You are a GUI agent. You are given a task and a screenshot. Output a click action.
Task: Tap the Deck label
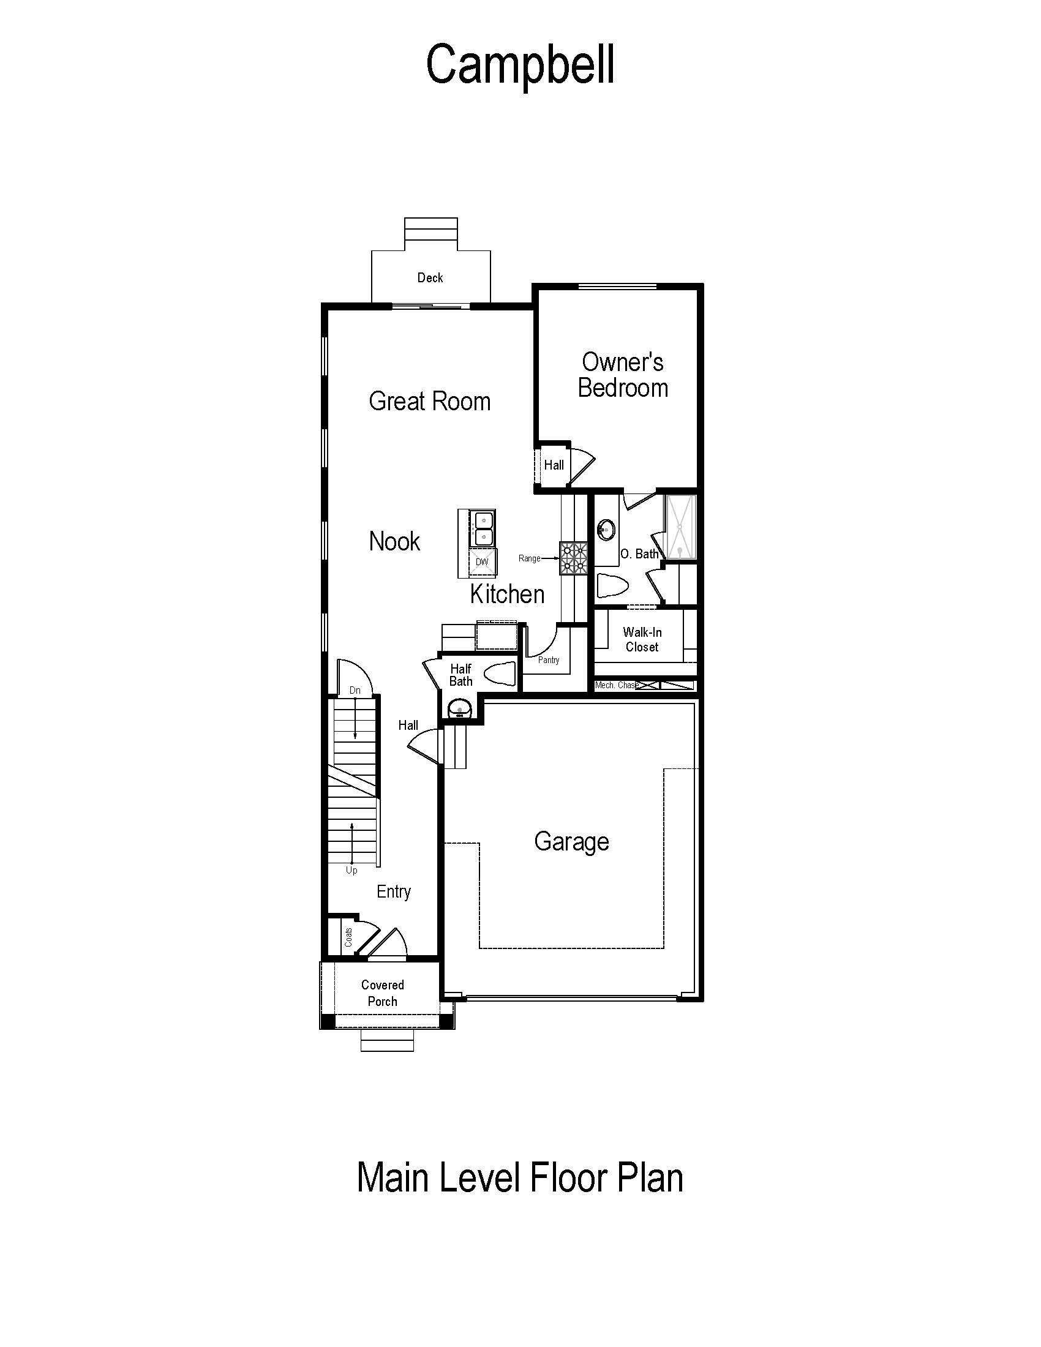pyautogui.click(x=430, y=277)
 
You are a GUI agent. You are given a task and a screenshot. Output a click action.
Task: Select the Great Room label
pyautogui.click(x=430, y=401)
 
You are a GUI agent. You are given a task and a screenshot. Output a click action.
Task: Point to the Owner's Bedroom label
pyautogui.click(x=623, y=375)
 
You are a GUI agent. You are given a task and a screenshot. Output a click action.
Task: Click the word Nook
pyautogui.click(x=394, y=541)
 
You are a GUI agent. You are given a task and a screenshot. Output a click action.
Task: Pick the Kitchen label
pyautogui.click(x=507, y=594)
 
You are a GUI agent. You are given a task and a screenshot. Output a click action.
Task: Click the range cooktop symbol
pyautogui.click(x=574, y=558)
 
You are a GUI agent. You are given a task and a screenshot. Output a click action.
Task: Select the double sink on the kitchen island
pyautogui.click(x=484, y=528)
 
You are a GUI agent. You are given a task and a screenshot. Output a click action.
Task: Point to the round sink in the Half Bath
pyautogui.click(x=459, y=707)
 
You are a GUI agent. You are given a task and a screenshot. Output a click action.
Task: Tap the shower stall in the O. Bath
pyautogui.click(x=679, y=527)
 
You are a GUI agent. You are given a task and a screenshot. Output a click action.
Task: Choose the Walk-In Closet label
pyautogui.click(x=642, y=639)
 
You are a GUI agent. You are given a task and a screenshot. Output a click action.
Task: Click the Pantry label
pyautogui.click(x=549, y=660)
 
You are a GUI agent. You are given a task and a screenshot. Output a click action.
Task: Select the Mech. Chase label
pyautogui.click(x=616, y=685)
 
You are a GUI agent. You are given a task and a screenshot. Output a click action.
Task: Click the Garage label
pyautogui.click(x=572, y=842)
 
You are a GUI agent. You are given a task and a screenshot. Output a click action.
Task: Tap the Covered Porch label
pyautogui.click(x=382, y=993)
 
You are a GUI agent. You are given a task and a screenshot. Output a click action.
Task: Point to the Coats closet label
pyautogui.click(x=348, y=937)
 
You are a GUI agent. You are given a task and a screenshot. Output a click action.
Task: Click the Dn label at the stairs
pyautogui.click(x=355, y=690)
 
